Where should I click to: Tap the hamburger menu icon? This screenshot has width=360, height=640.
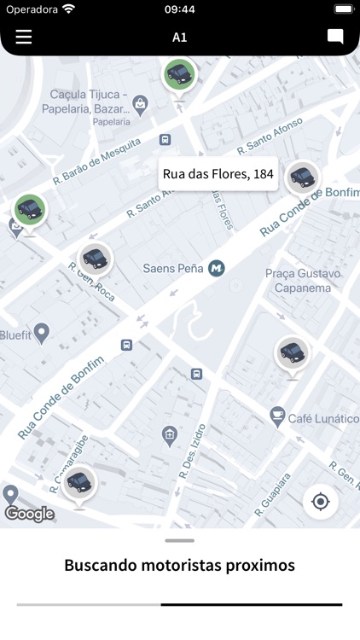pos(24,37)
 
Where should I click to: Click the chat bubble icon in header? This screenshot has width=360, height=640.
pos(335,37)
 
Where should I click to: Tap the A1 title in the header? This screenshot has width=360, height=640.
pos(179,38)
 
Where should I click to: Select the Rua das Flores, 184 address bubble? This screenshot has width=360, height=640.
pos(218,174)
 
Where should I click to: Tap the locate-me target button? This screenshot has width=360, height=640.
pos(321,502)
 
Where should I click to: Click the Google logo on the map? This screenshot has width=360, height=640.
pos(30,514)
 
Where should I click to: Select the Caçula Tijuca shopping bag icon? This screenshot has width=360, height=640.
pos(141,104)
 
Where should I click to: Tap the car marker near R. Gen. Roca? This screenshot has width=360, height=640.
pos(95,257)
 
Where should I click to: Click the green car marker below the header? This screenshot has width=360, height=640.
pos(179,74)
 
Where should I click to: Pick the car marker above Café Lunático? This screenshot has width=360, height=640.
pos(293,351)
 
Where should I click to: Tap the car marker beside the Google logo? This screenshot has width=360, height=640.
pos(78,483)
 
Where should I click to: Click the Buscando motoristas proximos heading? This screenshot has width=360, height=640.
pos(180,565)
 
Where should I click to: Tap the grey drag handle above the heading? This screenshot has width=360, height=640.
pos(180,540)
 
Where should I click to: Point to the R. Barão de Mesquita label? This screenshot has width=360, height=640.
pos(96,162)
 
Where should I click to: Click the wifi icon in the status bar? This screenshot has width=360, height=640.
pos(68,9)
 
